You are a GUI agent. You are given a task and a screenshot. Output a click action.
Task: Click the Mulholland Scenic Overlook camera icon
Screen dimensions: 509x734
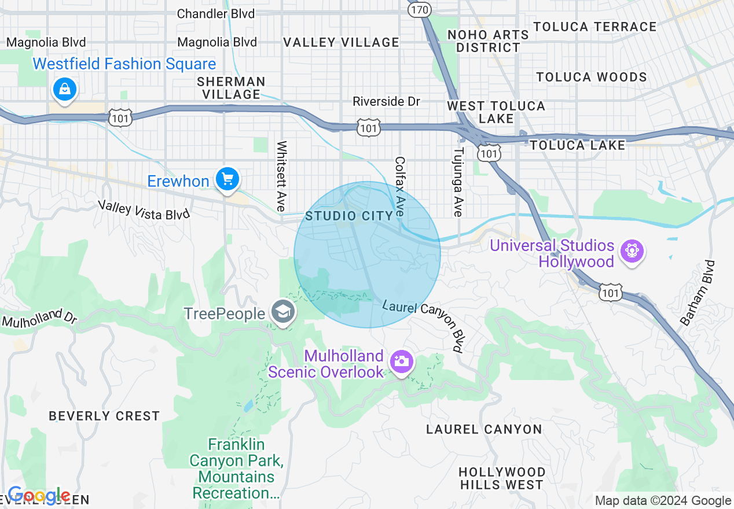[x=401, y=362]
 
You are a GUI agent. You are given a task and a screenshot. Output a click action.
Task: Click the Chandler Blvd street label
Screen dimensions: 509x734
[x=215, y=13]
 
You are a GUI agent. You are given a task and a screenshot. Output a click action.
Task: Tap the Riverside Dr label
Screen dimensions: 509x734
[x=386, y=102]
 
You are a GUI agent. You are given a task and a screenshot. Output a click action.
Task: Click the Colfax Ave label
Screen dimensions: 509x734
[x=399, y=187]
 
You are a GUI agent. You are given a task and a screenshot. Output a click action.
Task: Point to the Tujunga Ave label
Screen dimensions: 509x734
[x=458, y=182]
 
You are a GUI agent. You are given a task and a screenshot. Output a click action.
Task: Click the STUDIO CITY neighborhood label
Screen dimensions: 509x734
[x=349, y=216]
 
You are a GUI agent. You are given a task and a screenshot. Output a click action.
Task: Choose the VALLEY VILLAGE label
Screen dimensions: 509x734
[x=341, y=42]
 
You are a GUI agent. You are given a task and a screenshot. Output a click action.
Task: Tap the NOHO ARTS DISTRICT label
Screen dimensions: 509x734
[x=488, y=41]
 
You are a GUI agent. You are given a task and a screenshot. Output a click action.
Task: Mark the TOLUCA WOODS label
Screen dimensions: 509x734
[x=591, y=77]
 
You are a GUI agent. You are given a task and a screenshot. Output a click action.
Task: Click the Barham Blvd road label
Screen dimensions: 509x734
[x=698, y=293]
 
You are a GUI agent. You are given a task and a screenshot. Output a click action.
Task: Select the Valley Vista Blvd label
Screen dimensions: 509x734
[x=144, y=209]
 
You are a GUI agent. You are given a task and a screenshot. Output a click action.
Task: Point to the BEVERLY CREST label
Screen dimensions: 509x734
[x=104, y=416]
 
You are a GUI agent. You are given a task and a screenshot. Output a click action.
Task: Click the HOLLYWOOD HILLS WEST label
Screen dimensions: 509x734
[x=501, y=478]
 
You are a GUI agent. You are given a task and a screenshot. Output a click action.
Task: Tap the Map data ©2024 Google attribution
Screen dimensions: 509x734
[x=663, y=501]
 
